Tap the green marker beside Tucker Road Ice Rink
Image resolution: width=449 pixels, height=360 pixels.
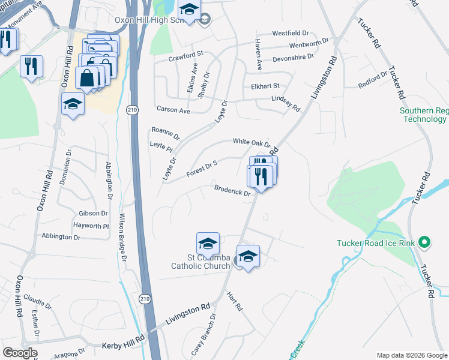425,243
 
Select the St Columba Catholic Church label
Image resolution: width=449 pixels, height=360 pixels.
200,262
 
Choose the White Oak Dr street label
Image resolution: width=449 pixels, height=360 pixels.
252,142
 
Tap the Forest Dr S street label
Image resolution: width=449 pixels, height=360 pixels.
201,167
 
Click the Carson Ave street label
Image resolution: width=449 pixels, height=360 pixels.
173,110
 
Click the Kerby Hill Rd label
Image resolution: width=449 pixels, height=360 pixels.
122,339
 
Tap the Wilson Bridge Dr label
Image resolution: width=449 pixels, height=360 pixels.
122,237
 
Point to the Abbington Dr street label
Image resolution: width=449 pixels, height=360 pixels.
61,237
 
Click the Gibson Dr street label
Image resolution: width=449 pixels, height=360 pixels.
93,213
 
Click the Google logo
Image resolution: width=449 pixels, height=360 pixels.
20,353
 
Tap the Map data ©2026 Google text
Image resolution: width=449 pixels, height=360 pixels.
411,355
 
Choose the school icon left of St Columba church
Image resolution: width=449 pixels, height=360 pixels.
208,244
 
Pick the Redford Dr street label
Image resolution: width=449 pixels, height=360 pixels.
373,78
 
